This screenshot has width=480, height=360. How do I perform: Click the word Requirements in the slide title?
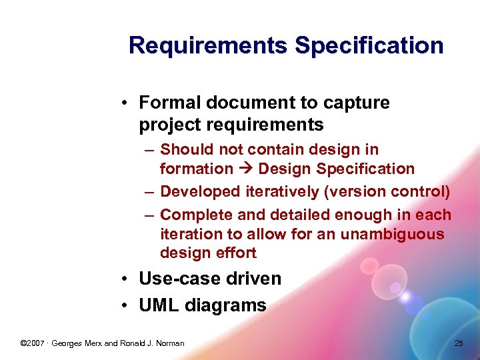209,46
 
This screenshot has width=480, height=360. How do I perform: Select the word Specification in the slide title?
369,46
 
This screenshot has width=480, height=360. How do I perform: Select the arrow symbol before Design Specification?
245,169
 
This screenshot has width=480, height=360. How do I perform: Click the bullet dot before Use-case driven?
125,279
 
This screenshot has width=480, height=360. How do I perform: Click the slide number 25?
458,343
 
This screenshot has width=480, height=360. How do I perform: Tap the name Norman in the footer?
169,343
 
